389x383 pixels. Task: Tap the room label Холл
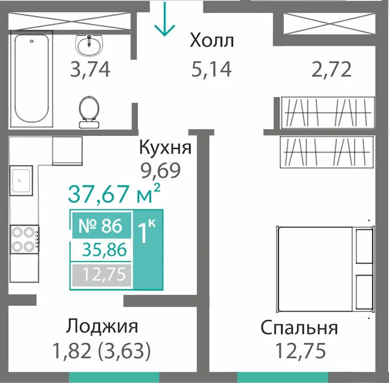[212, 40]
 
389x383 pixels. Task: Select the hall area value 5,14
[212, 69]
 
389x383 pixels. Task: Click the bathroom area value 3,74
[90, 70]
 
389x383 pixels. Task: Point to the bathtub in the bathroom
[31, 79]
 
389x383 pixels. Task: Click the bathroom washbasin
[89, 45]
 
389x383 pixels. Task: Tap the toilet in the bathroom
[89, 112]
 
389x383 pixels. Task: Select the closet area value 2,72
[331, 70]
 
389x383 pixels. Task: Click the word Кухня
[165, 147]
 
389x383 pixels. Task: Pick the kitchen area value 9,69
[161, 171]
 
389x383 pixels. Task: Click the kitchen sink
[21, 181]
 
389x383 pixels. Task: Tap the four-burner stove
[24, 239]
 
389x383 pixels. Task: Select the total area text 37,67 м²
[114, 193]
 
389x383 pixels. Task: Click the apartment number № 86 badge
[101, 225]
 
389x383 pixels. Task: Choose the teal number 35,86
[104, 250]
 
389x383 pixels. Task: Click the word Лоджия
[102, 326]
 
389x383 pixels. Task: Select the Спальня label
[299, 328]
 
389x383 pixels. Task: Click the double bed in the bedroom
[326, 269]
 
